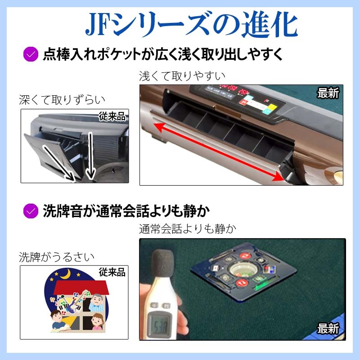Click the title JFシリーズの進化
[192, 24]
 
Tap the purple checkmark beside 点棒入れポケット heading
[31, 54]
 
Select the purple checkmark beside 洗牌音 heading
[31, 211]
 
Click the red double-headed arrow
[219, 152]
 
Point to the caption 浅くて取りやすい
[182, 76]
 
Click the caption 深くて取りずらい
[62, 100]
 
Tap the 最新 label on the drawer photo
[328, 93]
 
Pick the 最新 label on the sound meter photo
[328, 329]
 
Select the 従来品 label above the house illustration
[112, 272]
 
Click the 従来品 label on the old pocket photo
[112, 117]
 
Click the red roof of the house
[81, 287]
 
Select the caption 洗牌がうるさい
[57, 257]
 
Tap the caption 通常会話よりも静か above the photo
[188, 229]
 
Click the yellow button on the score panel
[272, 107]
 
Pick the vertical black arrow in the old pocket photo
[90, 156]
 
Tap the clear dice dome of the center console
[242, 269]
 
